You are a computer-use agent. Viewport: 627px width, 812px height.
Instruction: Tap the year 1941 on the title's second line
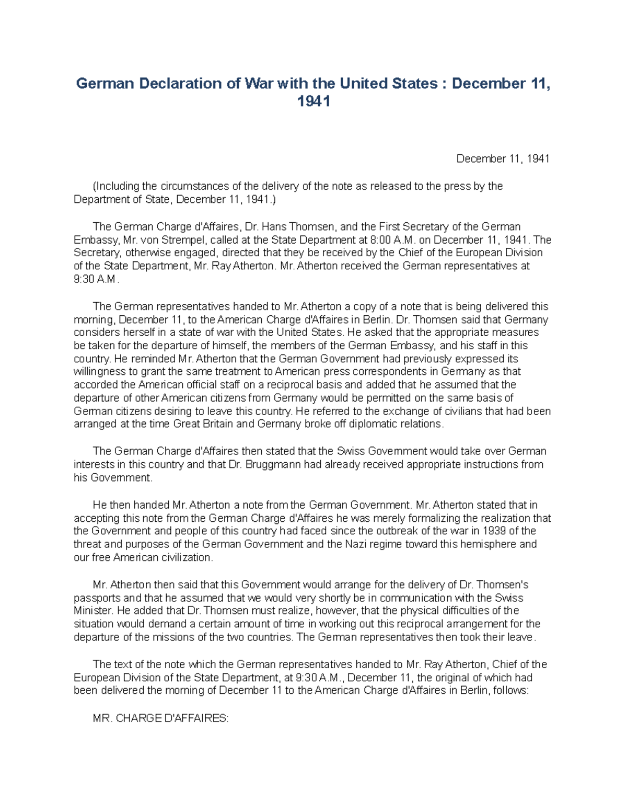pos(313,101)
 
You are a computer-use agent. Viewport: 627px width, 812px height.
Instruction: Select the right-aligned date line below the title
pos(503,158)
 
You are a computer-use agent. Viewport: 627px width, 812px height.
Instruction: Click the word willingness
pos(99,372)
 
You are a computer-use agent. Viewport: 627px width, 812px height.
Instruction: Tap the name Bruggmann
pos(282,464)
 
